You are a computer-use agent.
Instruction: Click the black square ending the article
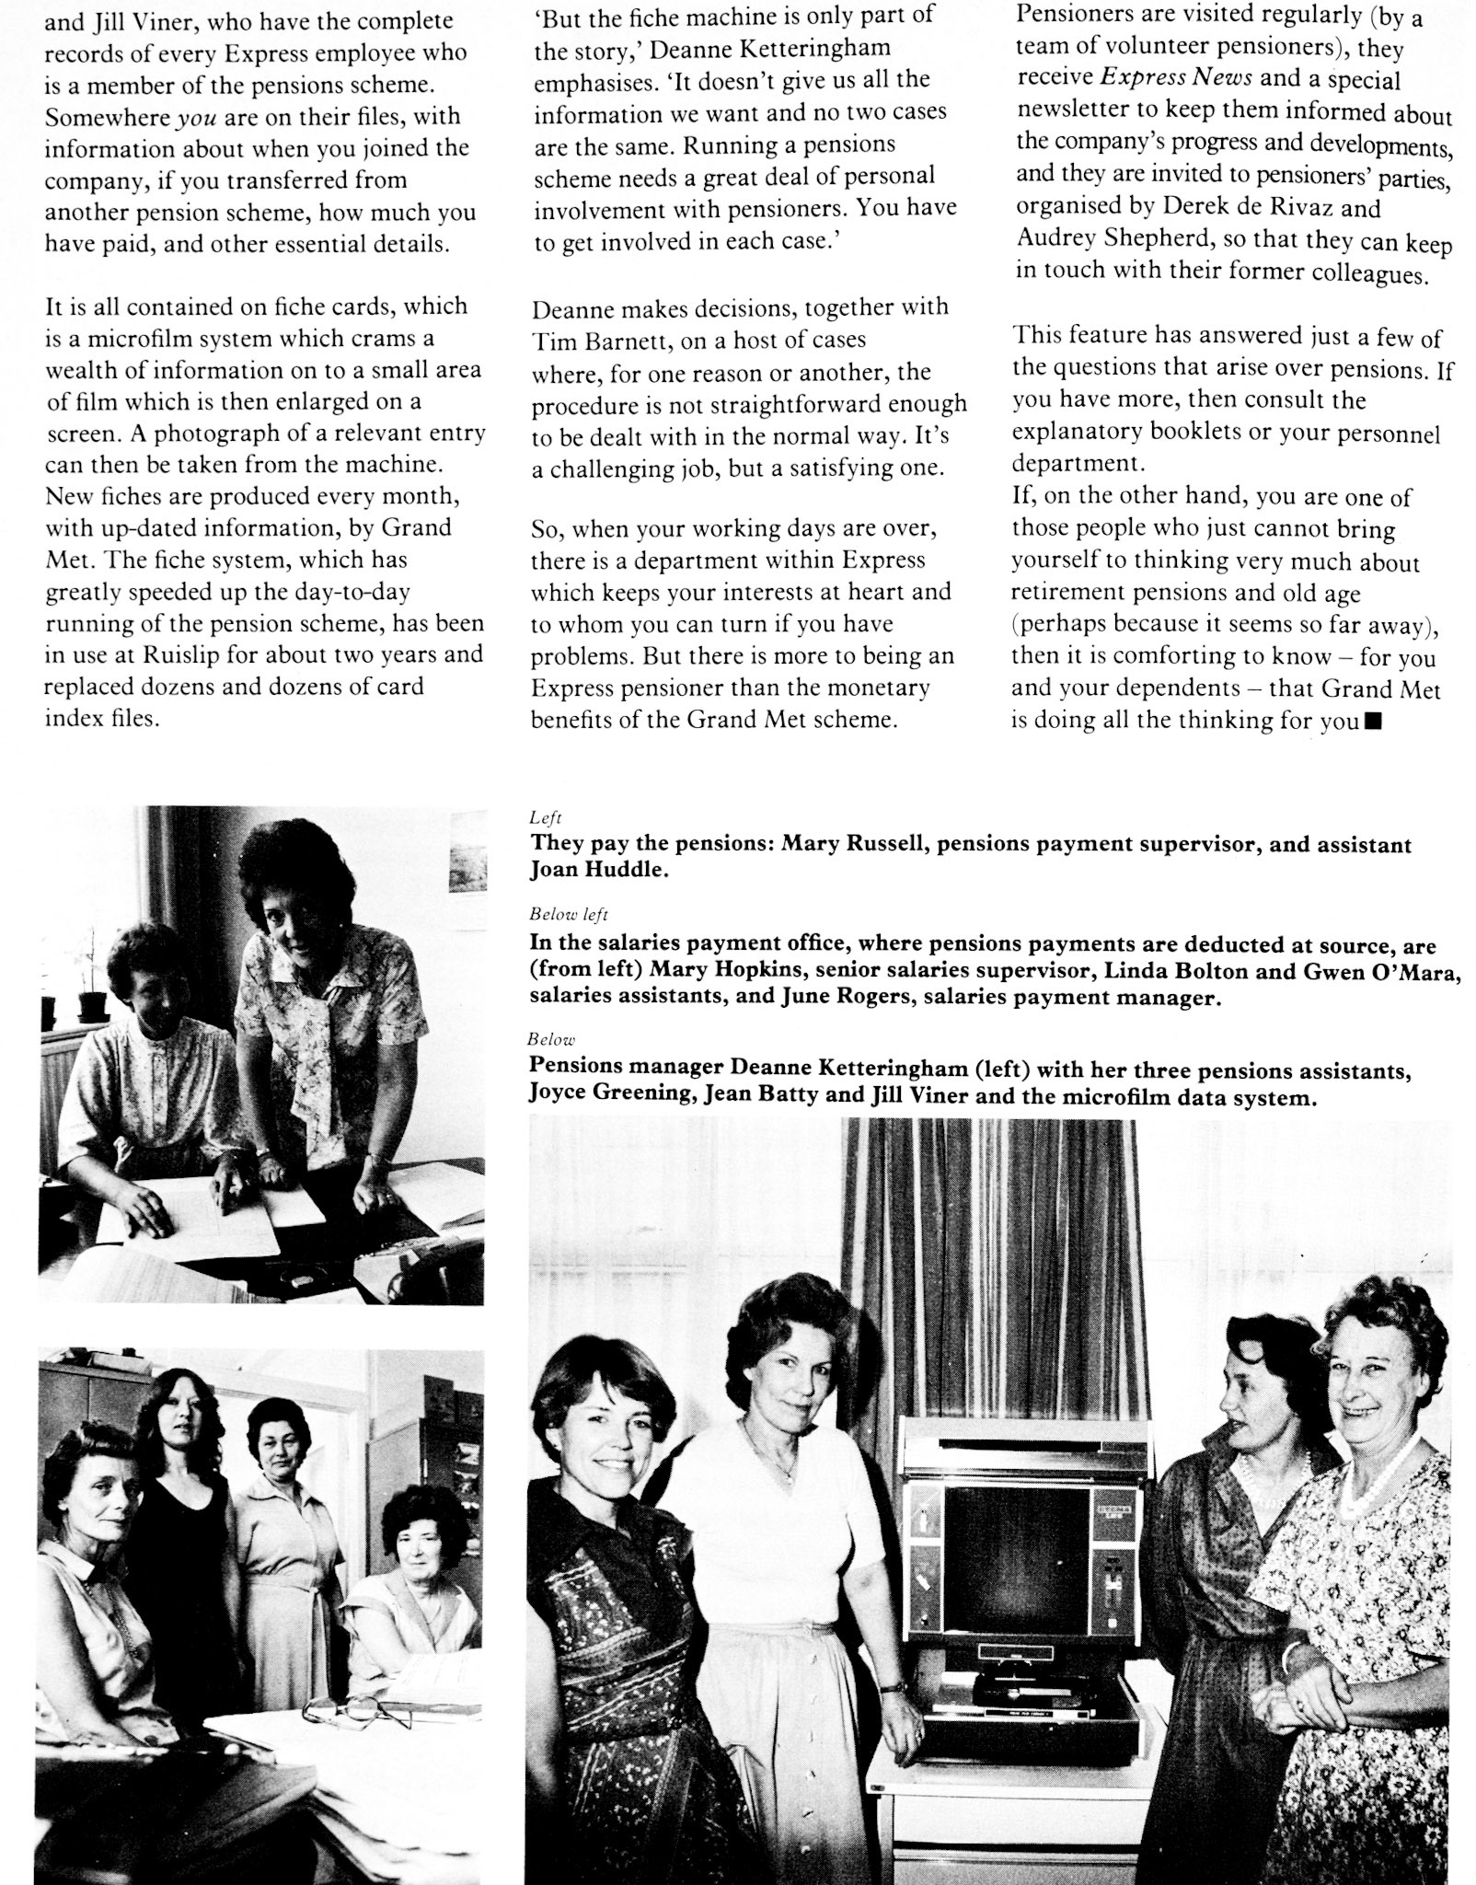[x=1373, y=723]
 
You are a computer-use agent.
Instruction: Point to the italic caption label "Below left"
[x=568, y=915]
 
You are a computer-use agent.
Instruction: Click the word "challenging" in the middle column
[x=607, y=468]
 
